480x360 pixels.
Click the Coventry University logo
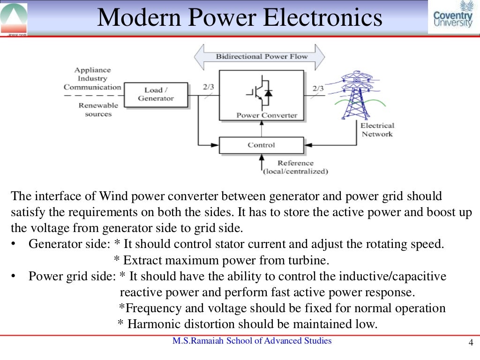(453, 16)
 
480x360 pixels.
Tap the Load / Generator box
(156, 94)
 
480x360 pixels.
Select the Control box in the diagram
(261, 145)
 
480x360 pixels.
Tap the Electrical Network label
(377, 130)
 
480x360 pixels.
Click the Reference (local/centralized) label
(295, 167)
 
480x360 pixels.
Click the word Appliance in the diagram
(92, 70)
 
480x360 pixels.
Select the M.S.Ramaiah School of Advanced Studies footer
(252, 341)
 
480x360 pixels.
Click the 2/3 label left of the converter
(208, 87)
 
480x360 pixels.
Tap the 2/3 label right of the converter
(318, 87)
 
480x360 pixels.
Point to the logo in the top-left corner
(14, 18)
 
